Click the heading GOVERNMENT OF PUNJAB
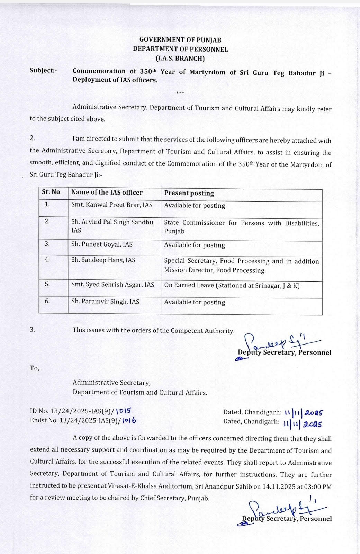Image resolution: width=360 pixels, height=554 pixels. (180, 40)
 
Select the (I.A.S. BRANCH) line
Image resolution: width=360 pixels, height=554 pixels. (180, 59)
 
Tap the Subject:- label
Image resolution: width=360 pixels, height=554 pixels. (43, 70)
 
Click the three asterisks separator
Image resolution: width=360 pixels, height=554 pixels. (180, 93)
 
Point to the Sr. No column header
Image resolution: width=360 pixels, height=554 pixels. (51, 192)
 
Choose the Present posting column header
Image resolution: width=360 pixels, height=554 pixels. (189, 193)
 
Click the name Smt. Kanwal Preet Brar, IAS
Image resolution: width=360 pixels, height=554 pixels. (112, 205)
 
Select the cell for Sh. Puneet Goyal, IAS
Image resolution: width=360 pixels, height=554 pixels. (102, 244)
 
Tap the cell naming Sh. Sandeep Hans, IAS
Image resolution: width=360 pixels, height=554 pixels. (103, 260)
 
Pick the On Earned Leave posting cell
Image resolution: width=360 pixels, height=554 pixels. (232, 286)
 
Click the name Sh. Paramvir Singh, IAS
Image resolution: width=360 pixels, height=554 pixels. (105, 302)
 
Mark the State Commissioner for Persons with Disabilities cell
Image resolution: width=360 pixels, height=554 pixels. (241, 227)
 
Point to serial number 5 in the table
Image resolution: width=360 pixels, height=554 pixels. (47, 284)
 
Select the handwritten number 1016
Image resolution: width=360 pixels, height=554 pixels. (129, 421)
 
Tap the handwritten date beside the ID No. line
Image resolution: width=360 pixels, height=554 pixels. (304, 413)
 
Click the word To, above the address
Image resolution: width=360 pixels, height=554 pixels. (35, 368)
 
